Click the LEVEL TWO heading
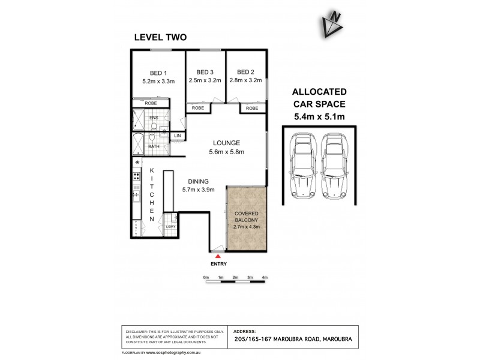coord(160,37)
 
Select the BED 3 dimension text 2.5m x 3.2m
coord(205,80)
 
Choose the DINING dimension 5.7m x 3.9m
coord(199,190)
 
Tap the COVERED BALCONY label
coord(247,217)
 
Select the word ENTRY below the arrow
coord(218,264)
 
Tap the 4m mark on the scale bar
coord(265,277)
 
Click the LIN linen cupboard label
coord(177,137)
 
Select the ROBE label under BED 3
coord(197,109)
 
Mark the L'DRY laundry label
coord(171,226)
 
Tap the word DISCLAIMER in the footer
coord(138,331)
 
